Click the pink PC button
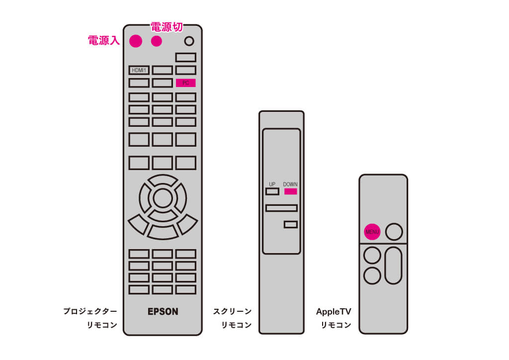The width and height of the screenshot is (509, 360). pos(186,83)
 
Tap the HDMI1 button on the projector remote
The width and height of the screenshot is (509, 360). pos(139,70)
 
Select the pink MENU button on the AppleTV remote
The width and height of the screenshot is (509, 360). pos(372,232)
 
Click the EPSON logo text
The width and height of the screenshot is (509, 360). pos(163,312)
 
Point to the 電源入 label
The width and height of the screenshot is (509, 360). pos(104,40)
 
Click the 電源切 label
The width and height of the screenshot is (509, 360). pos(167,27)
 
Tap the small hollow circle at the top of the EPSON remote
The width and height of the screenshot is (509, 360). pos(189,41)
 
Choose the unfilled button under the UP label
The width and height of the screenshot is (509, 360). pos(272,191)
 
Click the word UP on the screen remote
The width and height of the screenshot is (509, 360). pos(272,184)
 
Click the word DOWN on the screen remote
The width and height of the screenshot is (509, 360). pos(290,184)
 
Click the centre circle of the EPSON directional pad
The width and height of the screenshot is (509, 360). pos(163,198)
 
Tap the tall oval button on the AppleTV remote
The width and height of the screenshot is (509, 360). pos(394,266)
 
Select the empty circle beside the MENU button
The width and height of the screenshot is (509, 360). pos(394,232)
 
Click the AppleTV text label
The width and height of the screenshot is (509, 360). pos(334,312)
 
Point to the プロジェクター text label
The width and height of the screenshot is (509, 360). pos(90,311)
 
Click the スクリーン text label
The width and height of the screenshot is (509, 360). pos(233,311)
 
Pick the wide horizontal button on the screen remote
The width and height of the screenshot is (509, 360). pos(281,208)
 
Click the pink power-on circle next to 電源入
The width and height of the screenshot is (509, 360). pos(136,41)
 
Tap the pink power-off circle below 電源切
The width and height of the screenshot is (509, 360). pos(157,41)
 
